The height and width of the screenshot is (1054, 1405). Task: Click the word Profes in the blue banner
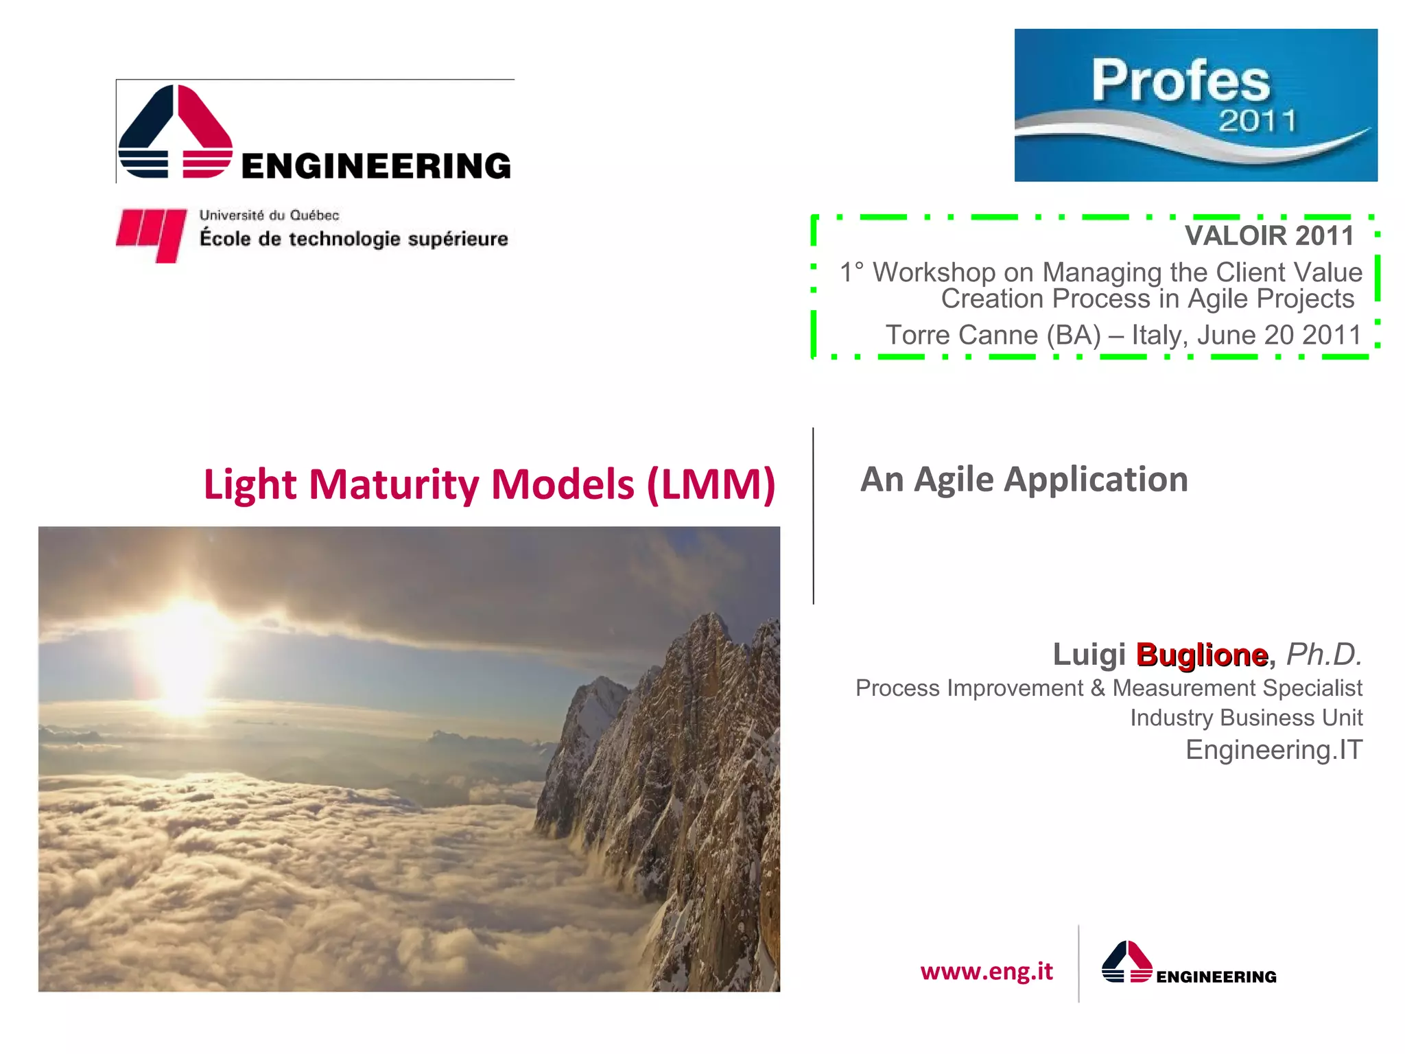(x=1181, y=81)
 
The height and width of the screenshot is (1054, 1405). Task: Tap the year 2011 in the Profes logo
(x=1257, y=121)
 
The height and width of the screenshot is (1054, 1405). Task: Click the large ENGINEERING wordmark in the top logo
(x=376, y=166)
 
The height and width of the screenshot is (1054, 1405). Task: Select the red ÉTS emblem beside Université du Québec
(x=152, y=234)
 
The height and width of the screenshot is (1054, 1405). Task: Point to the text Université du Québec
(x=269, y=215)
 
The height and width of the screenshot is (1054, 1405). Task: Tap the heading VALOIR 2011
(x=1268, y=235)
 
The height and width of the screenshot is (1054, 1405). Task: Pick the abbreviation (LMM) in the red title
(x=711, y=484)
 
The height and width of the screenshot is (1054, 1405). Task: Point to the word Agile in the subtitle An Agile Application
(x=954, y=479)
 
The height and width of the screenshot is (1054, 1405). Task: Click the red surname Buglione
(x=1201, y=655)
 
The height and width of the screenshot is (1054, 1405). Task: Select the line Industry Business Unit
(x=1246, y=718)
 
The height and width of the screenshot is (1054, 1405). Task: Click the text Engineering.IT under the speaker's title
(x=1273, y=749)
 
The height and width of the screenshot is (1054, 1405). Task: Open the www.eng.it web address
(x=986, y=971)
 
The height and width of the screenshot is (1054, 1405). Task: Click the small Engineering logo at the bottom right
(x=1188, y=964)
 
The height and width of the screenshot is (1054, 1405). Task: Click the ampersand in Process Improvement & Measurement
(x=1098, y=688)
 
